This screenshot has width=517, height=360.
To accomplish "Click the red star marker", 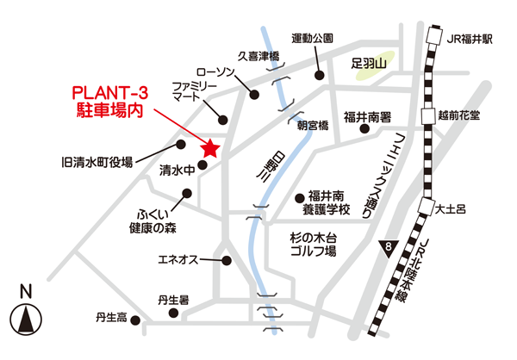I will tap(210, 150).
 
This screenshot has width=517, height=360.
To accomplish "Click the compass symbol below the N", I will tap(26, 320).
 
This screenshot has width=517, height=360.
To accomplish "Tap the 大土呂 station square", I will tap(427, 207).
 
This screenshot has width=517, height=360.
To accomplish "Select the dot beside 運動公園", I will tap(319, 74).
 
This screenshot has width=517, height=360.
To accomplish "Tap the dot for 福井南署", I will tap(364, 130).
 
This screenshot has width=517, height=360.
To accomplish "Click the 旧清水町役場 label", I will tap(97, 161).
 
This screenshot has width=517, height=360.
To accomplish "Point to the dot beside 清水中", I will tap(202, 164).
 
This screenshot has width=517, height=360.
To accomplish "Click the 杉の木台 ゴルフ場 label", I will tap(314, 243).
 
